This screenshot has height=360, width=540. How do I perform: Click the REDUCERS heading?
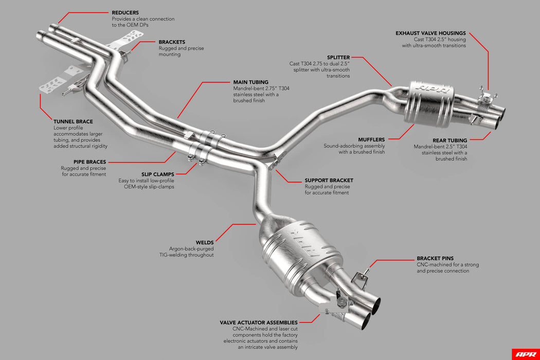pyautogui.click(x=125, y=12)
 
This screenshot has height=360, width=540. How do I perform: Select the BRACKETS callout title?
pyautogui.click(x=172, y=42)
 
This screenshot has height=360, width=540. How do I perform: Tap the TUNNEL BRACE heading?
pyautogui.click(x=73, y=121)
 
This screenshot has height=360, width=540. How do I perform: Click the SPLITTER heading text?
pyautogui.click(x=338, y=58)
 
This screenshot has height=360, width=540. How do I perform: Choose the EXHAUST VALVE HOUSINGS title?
pyautogui.click(x=430, y=33)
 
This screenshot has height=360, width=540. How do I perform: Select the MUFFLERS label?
pyautogui.click(x=371, y=139)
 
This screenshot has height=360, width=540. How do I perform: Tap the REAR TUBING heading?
pyautogui.click(x=449, y=140)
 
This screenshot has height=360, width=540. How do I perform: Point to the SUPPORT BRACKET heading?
pyautogui.click(x=329, y=181)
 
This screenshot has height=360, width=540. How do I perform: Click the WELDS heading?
pyautogui.click(x=205, y=242)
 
